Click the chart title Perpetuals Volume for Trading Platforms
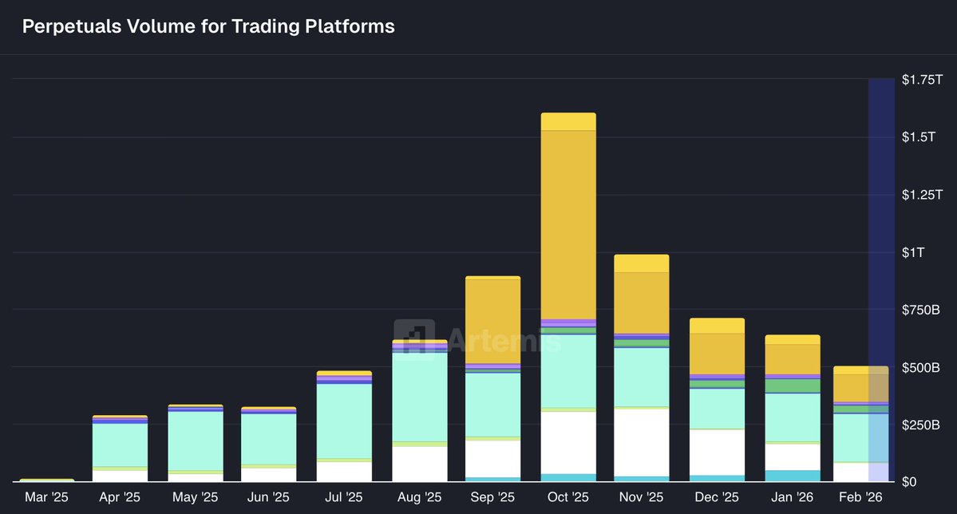click(208, 26)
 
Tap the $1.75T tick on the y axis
click(922, 80)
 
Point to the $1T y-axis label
click(913, 252)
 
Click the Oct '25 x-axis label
click(568, 497)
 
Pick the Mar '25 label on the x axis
click(47, 497)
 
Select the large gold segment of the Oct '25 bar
click(568, 223)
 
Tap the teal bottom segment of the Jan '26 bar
click(793, 476)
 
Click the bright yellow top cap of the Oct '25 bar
click(568, 121)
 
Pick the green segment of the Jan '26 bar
click(793, 385)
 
